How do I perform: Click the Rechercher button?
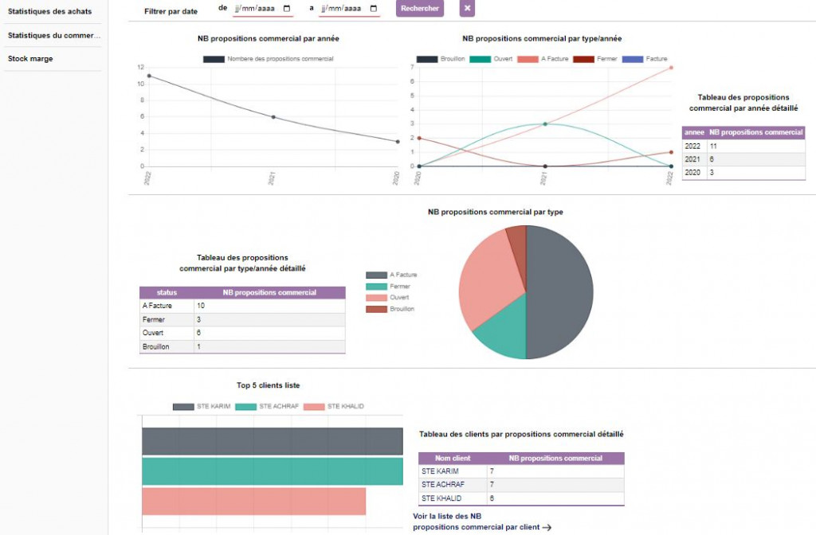pyautogui.click(x=419, y=9)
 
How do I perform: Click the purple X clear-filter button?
pyautogui.click(x=467, y=9)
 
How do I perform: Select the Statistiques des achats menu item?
pyautogui.click(x=50, y=11)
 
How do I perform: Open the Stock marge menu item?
pyautogui.click(x=30, y=59)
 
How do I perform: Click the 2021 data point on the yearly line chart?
pyautogui.click(x=273, y=117)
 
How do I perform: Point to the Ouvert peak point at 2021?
pyautogui.click(x=545, y=123)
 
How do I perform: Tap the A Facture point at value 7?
pyautogui.click(x=671, y=68)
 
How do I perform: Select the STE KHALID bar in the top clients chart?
pyautogui.click(x=253, y=502)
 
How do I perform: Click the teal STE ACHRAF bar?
pyautogui.click(x=273, y=471)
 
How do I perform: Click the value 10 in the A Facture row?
pyautogui.click(x=202, y=305)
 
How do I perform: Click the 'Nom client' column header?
pyautogui.click(x=453, y=459)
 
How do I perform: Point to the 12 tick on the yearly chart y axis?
pyautogui.click(x=140, y=68)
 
